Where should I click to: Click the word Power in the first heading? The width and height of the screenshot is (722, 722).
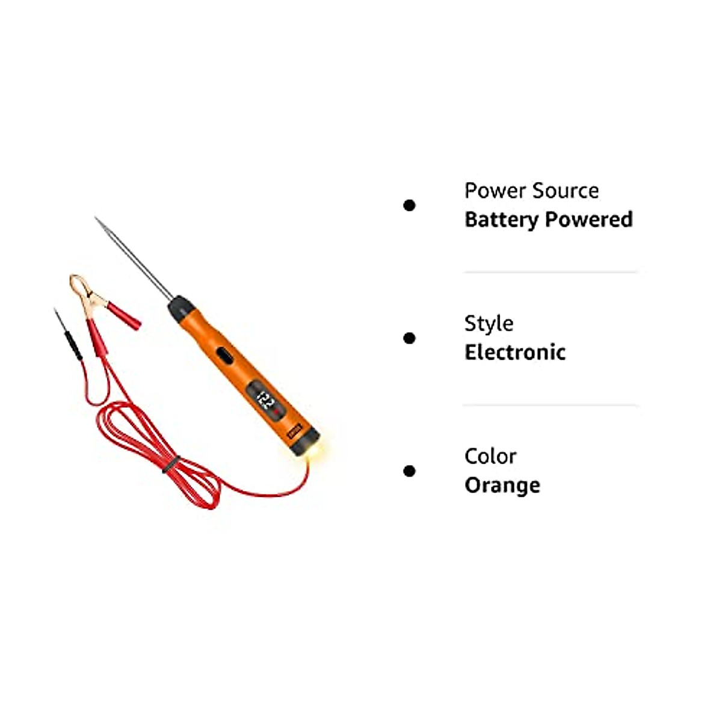487,191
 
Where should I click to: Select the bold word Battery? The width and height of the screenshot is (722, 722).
501,220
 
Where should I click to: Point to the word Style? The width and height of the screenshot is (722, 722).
489,324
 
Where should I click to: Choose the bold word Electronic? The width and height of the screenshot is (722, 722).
515,353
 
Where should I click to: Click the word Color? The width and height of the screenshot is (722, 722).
490,457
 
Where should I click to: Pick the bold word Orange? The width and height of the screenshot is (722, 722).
502,486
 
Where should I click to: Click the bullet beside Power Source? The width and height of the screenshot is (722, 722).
409,206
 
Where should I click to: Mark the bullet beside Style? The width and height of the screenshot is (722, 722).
409,338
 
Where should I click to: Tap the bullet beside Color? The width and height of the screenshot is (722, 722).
409,471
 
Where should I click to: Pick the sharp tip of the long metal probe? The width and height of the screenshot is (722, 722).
97,219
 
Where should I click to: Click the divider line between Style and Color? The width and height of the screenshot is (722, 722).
550,406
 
